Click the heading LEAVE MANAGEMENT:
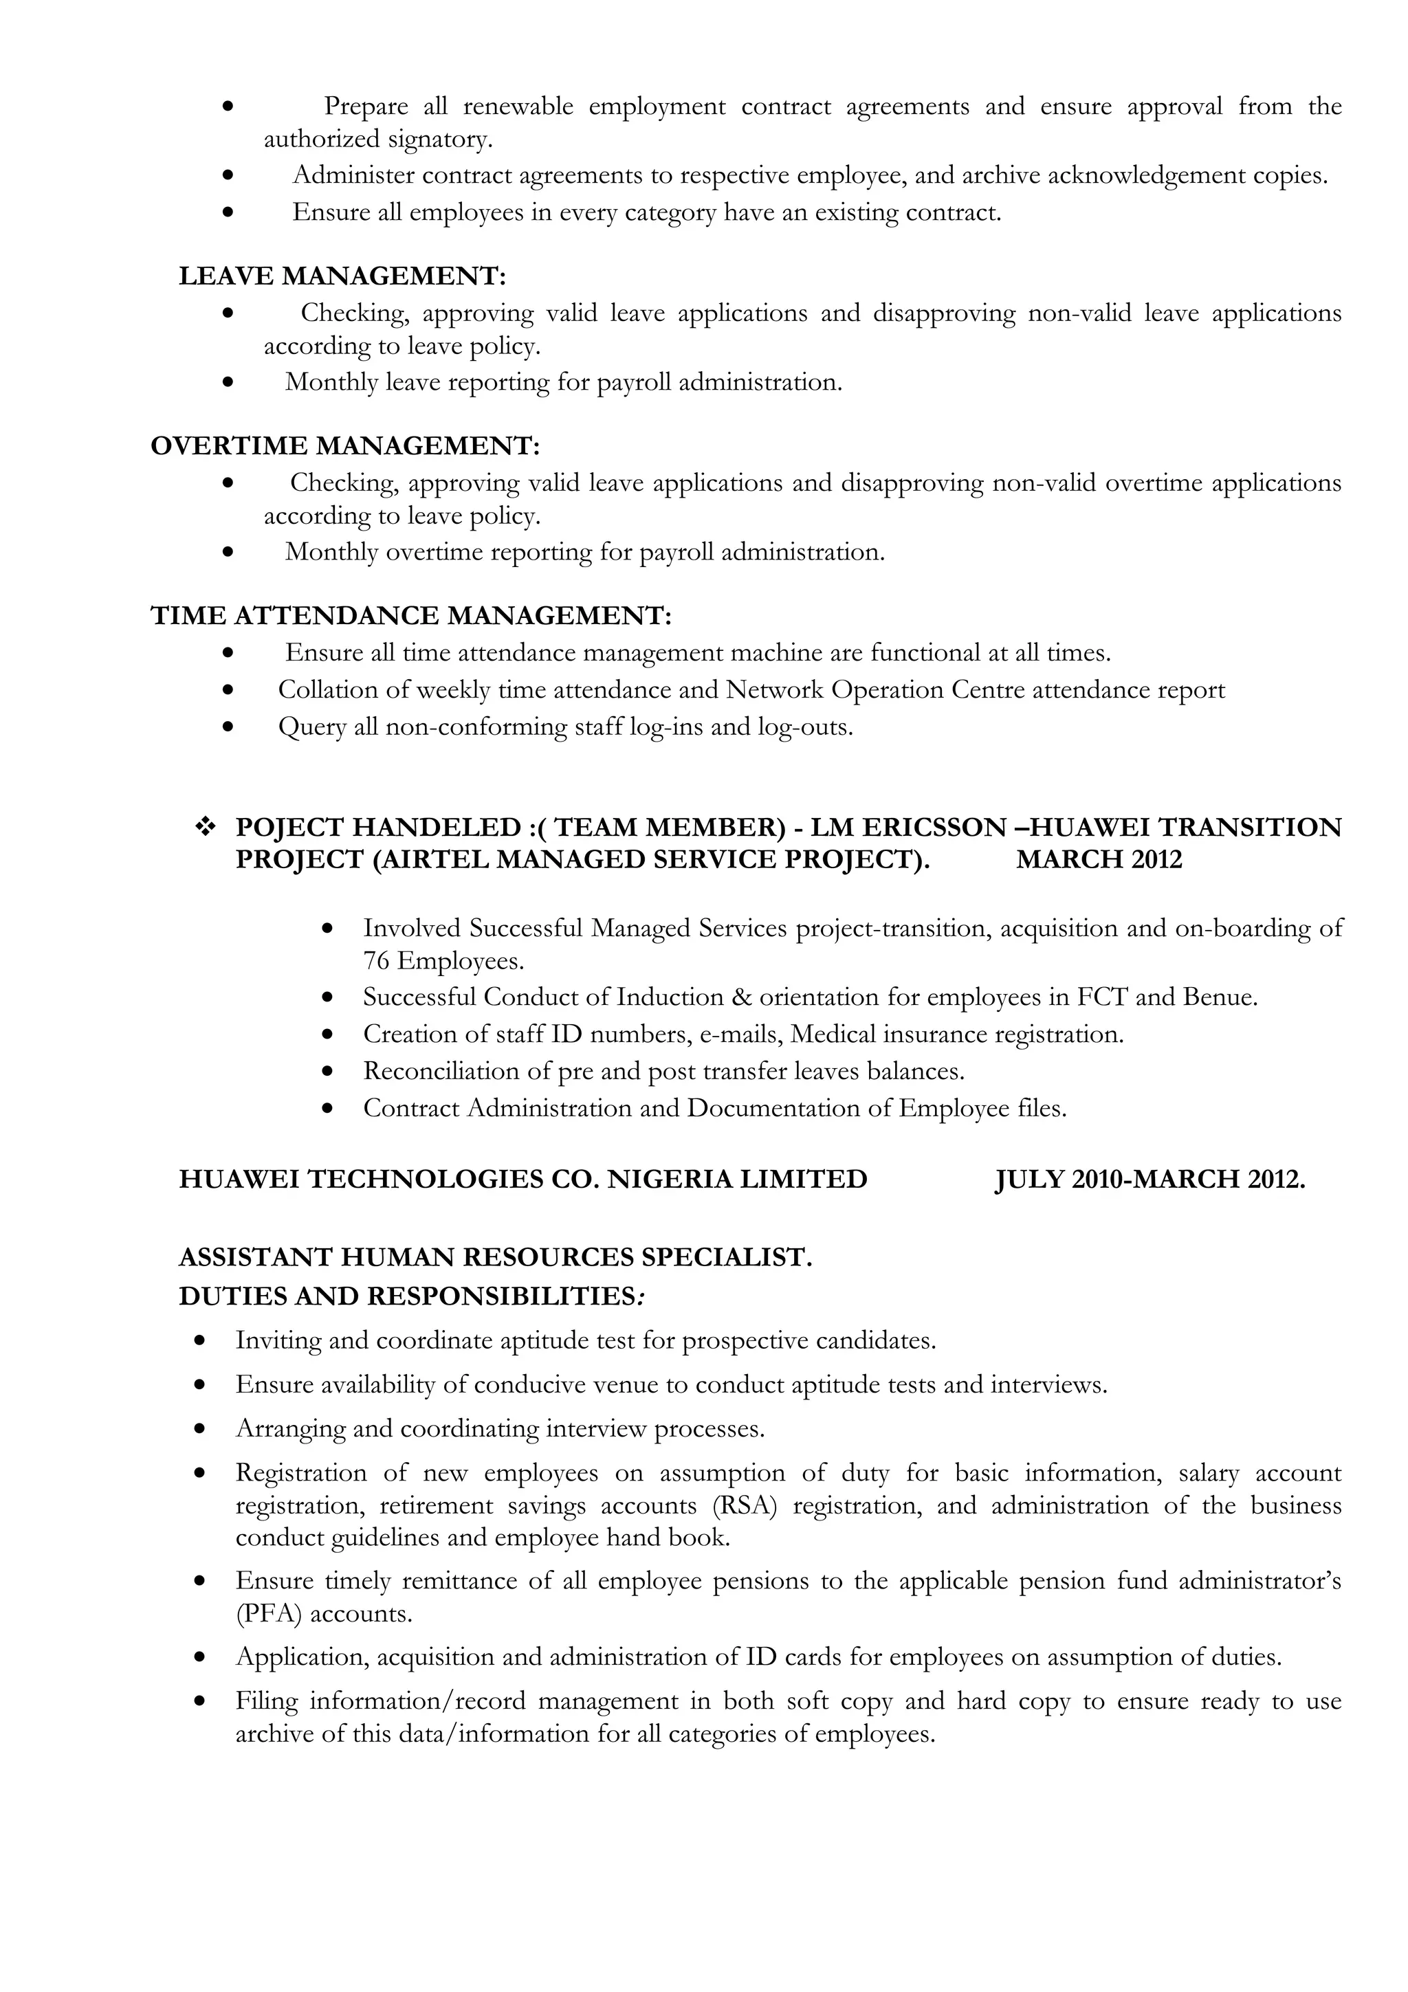coord(342,276)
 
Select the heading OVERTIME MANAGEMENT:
coord(345,445)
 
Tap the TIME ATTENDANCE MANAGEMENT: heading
coord(411,615)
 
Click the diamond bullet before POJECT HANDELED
coord(206,827)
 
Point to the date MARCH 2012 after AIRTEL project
coord(1099,860)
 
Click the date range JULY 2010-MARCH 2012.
coord(1149,1179)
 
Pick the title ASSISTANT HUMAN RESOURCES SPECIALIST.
coord(496,1257)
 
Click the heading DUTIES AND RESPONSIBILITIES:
coord(411,1296)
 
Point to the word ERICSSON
coord(933,827)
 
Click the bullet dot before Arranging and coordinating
coord(200,1427)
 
